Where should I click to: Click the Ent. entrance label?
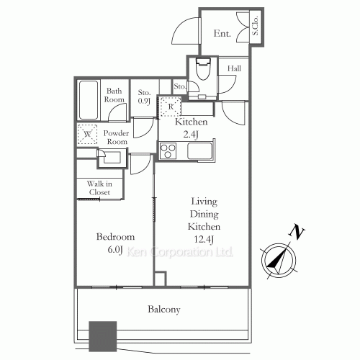point(222,33)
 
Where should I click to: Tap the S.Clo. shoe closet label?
point(256,27)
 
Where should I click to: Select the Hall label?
point(234,68)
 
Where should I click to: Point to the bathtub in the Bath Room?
point(89,100)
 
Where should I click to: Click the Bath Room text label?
point(115,96)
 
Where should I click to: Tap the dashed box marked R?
point(171,106)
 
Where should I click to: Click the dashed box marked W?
point(88,134)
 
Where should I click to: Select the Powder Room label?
point(115,138)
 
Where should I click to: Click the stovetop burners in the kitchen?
point(168,150)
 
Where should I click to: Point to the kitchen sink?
point(199,151)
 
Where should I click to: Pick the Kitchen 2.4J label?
point(191,127)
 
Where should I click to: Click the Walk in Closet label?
point(99,188)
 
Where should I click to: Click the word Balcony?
point(164,310)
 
